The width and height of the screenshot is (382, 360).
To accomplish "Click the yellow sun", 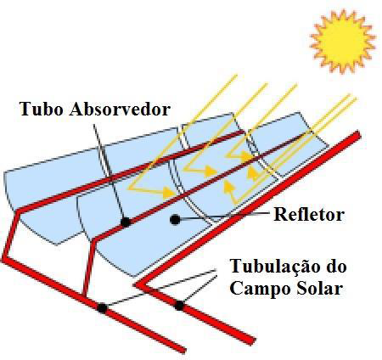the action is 343,41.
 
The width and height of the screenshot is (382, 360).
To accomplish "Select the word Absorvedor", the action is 120,109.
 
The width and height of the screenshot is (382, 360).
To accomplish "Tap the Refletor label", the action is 309,215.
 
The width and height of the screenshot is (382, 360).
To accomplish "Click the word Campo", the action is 258,290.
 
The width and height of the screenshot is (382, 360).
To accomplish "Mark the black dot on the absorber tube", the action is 126,222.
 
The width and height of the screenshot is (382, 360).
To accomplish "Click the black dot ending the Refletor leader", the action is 175,219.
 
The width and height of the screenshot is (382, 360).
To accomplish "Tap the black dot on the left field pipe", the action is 102,308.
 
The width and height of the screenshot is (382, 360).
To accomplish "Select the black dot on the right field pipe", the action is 179,306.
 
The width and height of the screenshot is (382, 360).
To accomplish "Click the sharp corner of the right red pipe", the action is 137,285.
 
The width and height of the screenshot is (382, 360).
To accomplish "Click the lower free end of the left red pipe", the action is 183,351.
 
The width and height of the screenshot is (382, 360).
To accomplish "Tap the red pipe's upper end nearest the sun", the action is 359,134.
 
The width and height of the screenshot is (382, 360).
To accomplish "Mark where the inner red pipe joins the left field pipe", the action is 84,296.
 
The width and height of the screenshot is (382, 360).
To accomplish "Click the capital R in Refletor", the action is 279,215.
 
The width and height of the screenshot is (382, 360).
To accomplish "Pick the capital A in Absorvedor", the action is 75,109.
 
